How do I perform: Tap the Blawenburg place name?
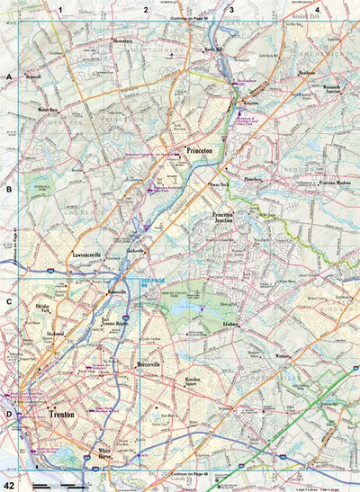[x=127, y=40]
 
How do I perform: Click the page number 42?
[x=8, y=484]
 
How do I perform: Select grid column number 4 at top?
[x=317, y=10]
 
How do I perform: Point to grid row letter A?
[x=9, y=79]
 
